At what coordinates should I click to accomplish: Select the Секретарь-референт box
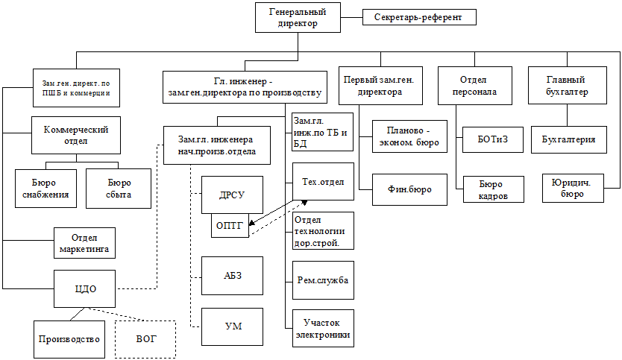(418, 16)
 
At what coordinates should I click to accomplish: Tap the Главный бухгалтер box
(565, 86)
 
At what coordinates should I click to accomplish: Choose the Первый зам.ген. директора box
(379, 86)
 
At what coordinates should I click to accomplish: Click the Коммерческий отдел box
(76, 135)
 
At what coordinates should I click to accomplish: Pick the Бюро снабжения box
(46, 188)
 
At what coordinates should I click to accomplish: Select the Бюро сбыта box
(119, 188)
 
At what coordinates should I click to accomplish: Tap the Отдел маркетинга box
(85, 243)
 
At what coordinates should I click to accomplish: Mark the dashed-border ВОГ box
(146, 339)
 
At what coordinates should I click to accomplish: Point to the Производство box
(69, 339)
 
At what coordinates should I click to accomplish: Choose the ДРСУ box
(233, 195)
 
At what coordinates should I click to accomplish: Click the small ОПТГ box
(230, 226)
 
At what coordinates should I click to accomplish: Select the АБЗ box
(233, 275)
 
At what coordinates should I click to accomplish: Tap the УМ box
(233, 326)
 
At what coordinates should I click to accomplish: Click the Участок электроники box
(322, 328)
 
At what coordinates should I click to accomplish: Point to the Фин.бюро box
(409, 189)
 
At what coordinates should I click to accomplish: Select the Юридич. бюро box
(572, 188)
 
